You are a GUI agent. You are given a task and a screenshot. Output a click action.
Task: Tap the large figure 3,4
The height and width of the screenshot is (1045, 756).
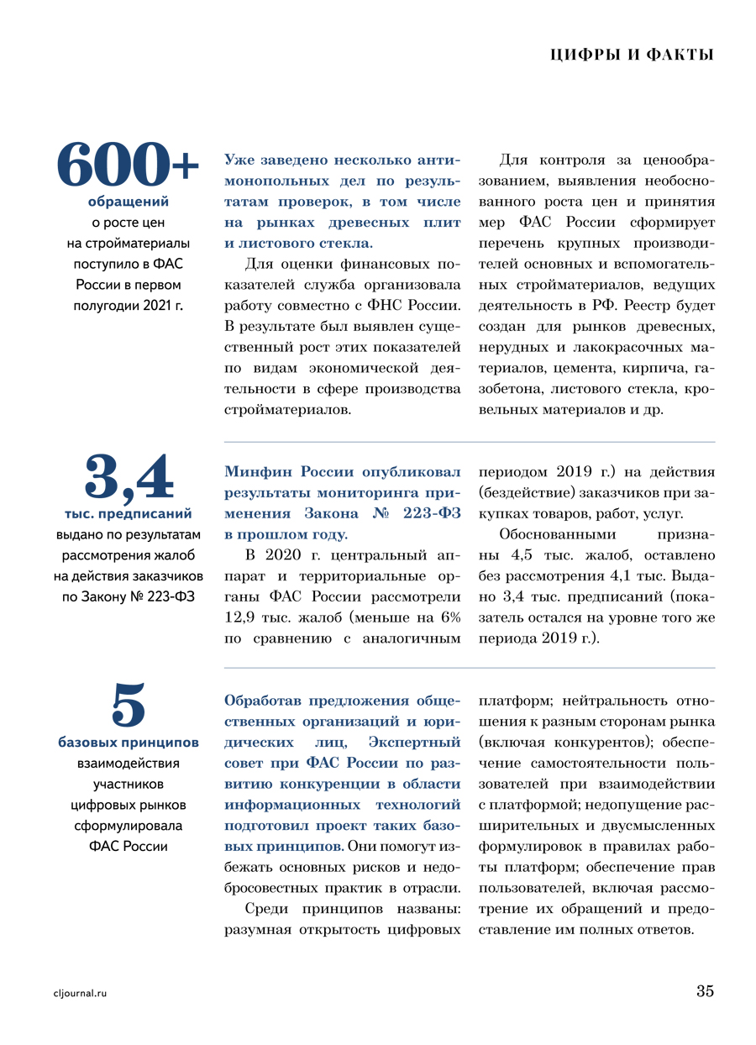click(x=129, y=477)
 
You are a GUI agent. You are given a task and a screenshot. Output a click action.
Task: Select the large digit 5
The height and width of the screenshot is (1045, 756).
click(x=129, y=704)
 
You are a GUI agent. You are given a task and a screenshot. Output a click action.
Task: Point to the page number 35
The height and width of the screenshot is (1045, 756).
click(x=705, y=991)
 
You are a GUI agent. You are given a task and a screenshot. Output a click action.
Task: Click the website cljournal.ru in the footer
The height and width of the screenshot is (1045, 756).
click(x=81, y=993)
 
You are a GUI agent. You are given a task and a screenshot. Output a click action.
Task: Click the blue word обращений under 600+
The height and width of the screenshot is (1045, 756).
click(x=129, y=202)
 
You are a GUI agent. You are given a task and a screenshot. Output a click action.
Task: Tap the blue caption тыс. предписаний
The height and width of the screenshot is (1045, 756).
click(x=129, y=513)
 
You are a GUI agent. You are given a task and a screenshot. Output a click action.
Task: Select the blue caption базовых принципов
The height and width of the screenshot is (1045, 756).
click(x=129, y=743)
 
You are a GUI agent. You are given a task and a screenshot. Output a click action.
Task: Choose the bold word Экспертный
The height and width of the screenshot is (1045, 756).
click(x=415, y=743)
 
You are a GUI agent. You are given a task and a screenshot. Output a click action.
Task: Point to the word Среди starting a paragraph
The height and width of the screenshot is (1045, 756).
click(x=266, y=909)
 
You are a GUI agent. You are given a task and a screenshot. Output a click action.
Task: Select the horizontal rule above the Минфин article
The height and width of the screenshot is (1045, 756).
click(x=470, y=442)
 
